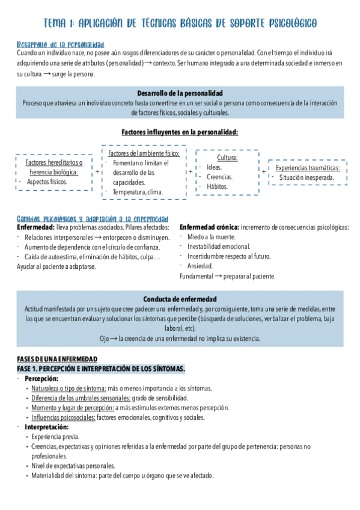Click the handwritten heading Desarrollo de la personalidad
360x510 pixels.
61,45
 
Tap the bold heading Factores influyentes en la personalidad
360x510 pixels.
180,132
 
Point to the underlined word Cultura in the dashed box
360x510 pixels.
227,158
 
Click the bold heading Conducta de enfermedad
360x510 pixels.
180,299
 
